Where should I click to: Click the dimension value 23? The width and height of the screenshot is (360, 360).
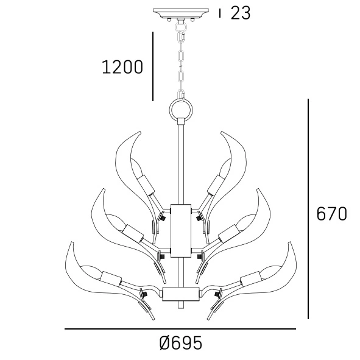[241, 13]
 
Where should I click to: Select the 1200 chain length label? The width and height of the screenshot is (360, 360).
[122, 67]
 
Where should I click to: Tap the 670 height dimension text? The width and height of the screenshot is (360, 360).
[332, 214]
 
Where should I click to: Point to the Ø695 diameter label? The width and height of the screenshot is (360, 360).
[180, 344]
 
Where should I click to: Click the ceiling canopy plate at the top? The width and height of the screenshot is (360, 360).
[180, 13]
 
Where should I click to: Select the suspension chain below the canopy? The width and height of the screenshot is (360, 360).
[180, 61]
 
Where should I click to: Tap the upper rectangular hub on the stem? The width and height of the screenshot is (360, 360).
[180, 230]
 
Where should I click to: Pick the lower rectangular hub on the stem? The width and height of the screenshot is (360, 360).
[180, 294]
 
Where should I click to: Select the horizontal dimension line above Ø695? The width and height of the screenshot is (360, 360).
[180, 329]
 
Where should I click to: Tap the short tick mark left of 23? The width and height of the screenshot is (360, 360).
[220, 13]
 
